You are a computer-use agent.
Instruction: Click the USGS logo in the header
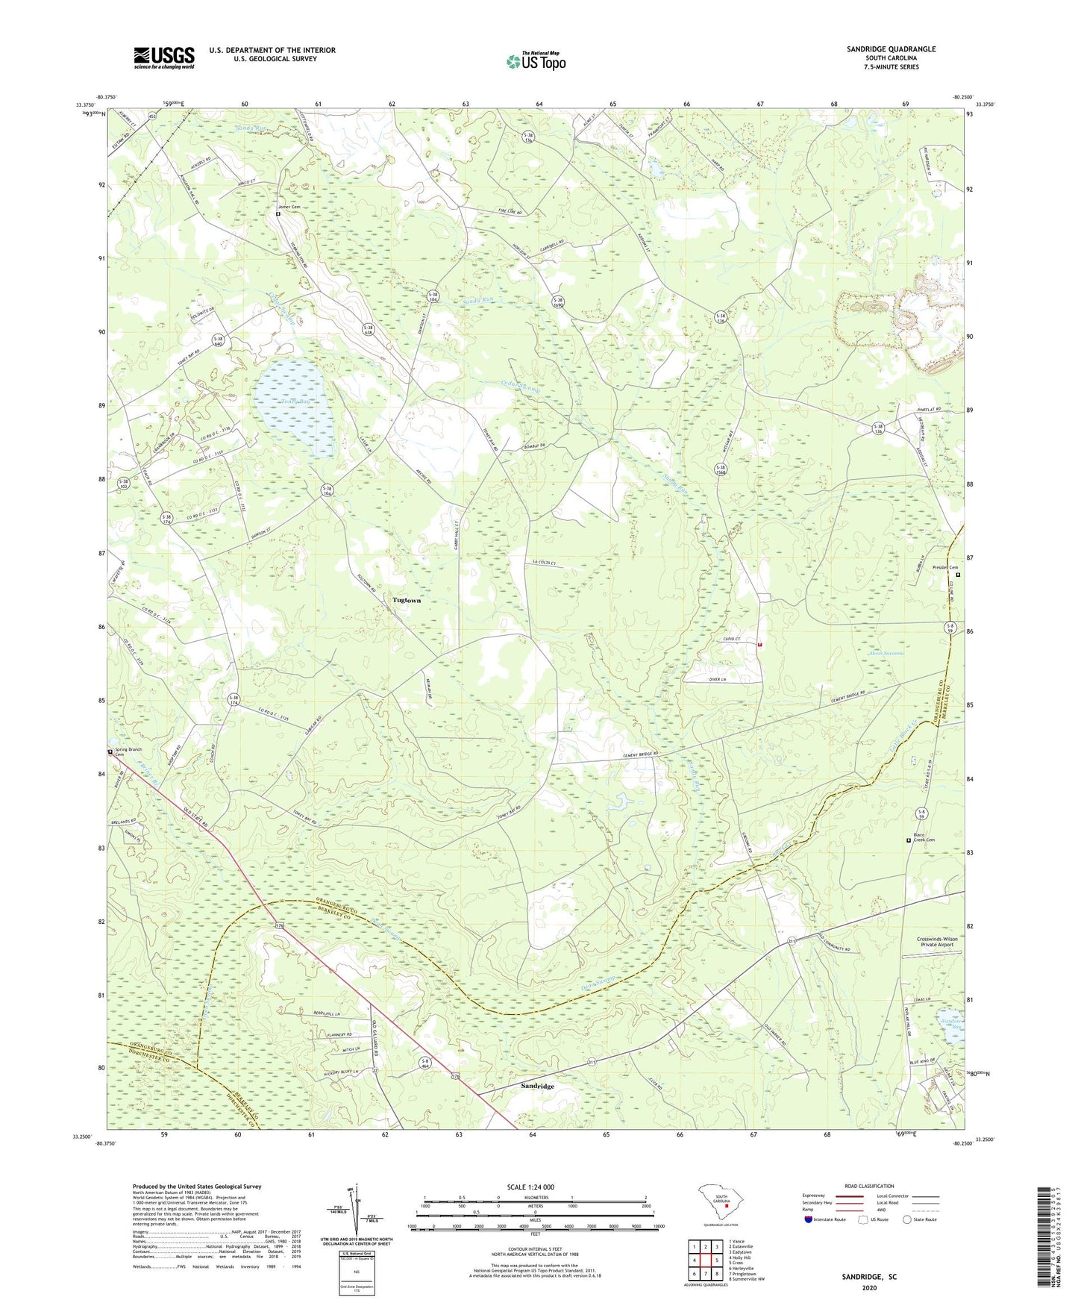coord(164,57)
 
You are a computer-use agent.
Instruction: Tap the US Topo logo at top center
coord(535,61)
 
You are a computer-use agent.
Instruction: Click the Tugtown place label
coord(407,600)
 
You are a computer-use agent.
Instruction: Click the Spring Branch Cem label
coord(128,752)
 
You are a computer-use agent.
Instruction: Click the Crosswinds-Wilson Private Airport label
coord(937,942)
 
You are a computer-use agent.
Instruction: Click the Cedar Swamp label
coord(520,385)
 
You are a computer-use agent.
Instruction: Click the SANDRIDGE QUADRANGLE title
coord(891,49)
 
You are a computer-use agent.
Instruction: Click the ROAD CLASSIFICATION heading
coord(869,1186)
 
